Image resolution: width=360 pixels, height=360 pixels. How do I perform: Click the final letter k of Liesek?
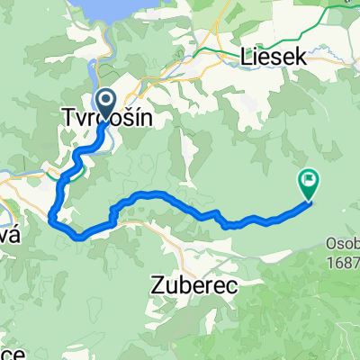[x=303, y=58]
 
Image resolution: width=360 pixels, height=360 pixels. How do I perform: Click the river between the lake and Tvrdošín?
[x=109, y=63]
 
